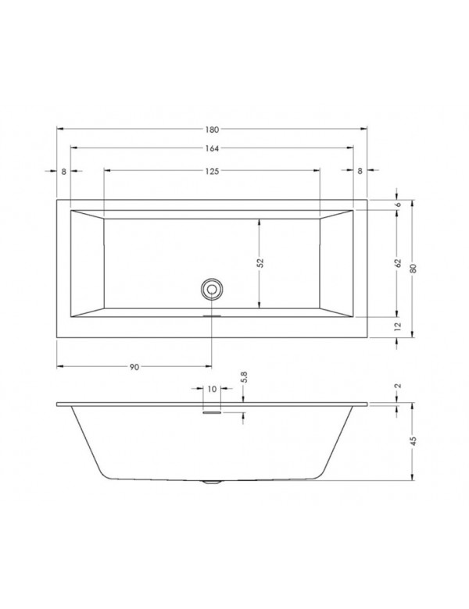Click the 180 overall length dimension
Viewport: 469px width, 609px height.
click(212, 128)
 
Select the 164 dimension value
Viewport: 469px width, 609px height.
click(212, 148)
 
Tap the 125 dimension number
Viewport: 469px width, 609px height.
click(212, 170)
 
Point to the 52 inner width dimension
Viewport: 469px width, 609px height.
click(262, 263)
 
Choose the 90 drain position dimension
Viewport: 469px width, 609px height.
click(134, 366)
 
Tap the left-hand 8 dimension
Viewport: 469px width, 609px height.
click(63, 170)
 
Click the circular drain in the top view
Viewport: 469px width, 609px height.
click(211, 289)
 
